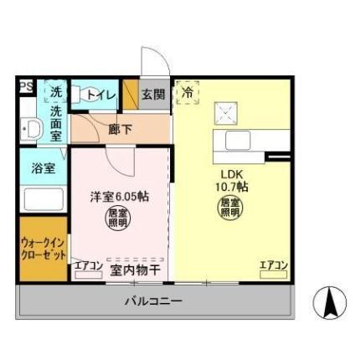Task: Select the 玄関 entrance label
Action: (152, 94)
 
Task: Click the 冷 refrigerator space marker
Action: (188, 92)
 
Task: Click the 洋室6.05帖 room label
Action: (120, 198)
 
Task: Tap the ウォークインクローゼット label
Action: (43, 249)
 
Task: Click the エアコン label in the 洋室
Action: (88, 267)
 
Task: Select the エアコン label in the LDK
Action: (273, 266)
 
